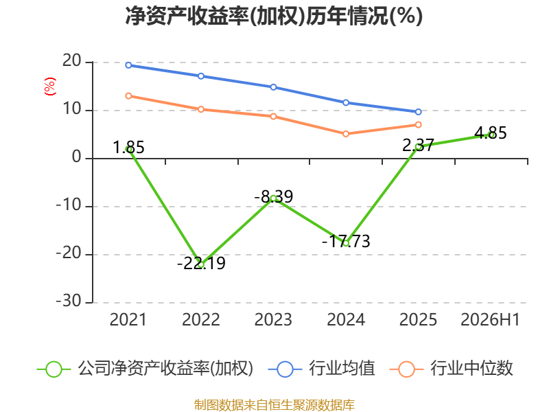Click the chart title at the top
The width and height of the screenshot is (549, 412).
[x=274, y=16]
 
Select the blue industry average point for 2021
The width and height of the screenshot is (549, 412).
[x=128, y=65]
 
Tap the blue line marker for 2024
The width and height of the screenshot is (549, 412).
[x=346, y=102]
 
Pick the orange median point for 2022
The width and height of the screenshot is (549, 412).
[x=201, y=109]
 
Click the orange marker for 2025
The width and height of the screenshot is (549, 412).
[x=419, y=125]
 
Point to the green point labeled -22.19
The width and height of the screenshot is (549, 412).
[x=201, y=265]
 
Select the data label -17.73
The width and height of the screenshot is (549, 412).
[x=346, y=242]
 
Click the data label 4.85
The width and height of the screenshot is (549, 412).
[x=491, y=133]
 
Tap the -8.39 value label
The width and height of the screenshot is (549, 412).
[x=273, y=196]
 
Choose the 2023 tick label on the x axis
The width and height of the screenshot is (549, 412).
[x=273, y=319]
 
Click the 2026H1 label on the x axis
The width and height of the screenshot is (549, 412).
[x=490, y=319]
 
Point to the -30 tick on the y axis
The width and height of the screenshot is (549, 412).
[x=69, y=301]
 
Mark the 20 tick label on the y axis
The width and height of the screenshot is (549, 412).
[x=72, y=61]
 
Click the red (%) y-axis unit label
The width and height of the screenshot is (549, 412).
[x=50, y=87]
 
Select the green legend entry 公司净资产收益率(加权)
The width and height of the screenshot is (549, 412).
[x=145, y=369]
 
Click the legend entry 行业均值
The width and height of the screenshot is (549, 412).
[x=321, y=369]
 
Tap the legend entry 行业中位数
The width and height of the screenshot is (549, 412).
[x=452, y=369]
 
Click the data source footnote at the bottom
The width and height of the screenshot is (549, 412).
[x=274, y=405]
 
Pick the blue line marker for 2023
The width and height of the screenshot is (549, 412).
[x=273, y=87]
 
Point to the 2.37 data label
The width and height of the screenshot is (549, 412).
[x=418, y=146]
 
